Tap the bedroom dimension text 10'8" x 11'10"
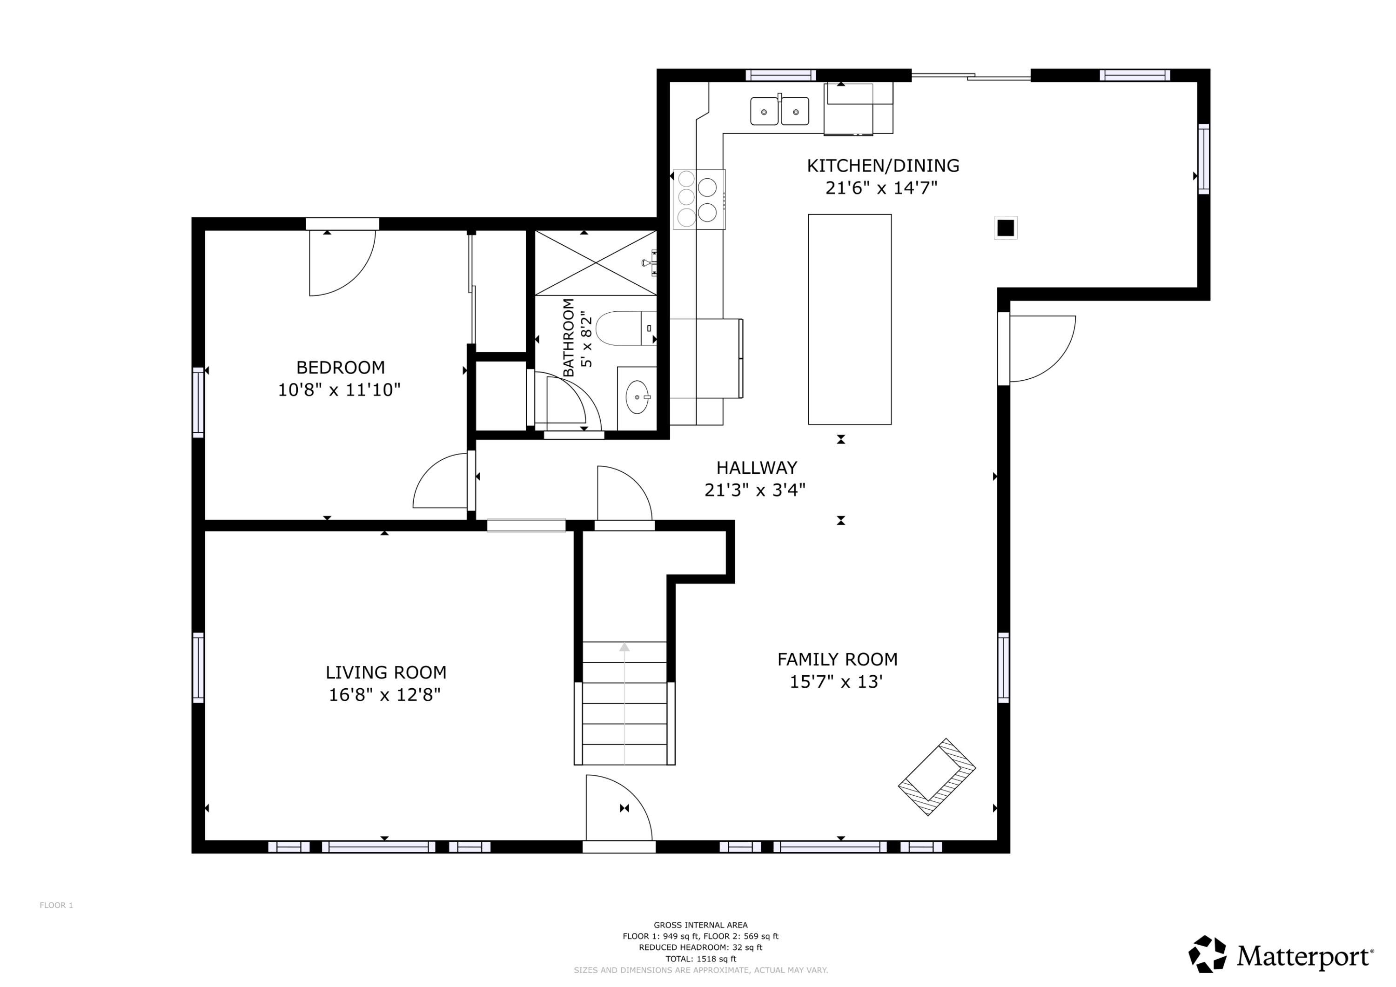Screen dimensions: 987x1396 coord(339,390)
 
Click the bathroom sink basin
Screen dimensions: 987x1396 coord(637,396)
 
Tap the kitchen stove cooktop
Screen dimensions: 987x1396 coord(698,199)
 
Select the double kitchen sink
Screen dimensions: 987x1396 coord(779,111)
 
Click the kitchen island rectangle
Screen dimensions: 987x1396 coord(849,319)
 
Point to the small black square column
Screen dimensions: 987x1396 coord(1005,228)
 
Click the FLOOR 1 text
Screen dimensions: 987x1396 coord(56,905)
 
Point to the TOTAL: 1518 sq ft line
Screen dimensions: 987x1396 coord(700,959)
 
